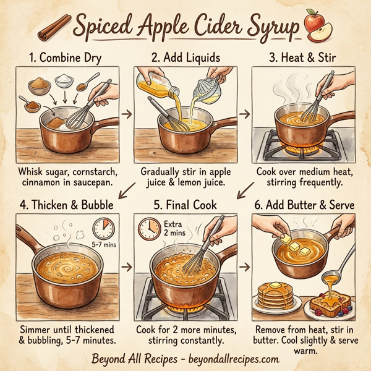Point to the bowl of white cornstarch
click(x=63, y=80)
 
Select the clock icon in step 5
click(x=148, y=229)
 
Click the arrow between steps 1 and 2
click(x=126, y=114)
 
